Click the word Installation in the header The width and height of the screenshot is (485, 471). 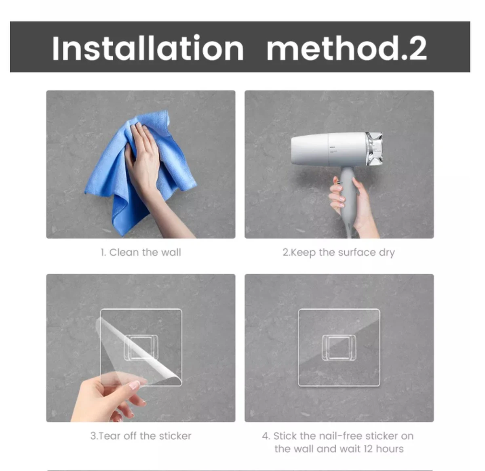148,48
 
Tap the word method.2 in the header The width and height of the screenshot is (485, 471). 346,48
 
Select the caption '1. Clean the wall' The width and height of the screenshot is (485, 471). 141,252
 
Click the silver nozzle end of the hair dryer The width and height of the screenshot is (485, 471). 374,149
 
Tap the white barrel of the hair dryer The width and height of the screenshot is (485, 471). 319,149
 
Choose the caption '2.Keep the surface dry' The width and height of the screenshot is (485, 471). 339,252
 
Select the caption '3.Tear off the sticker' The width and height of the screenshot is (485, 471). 141,436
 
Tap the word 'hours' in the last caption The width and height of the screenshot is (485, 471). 390,449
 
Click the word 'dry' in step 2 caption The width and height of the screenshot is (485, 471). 387,253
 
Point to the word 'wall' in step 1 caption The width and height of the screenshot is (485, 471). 171,252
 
